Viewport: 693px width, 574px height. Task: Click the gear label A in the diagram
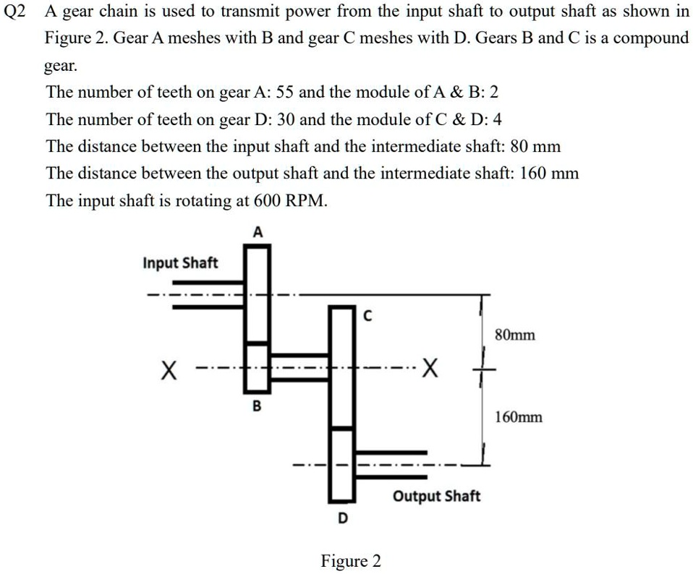[258, 232]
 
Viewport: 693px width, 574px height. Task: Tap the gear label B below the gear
[255, 406]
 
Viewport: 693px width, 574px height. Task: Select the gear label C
[367, 316]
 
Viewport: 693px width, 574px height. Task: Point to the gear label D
[343, 518]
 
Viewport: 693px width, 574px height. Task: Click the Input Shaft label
[180, 262]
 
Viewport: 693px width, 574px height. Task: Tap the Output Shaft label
[436, 497]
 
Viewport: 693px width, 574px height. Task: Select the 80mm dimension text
[516, 335]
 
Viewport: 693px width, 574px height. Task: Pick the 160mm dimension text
[519, 417]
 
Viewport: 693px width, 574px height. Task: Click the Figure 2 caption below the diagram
[351, 561]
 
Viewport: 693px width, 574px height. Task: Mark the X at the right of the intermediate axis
[430, 370]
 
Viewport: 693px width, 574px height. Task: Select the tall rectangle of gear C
[341, 365]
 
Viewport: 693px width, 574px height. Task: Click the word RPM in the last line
[307, 201]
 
